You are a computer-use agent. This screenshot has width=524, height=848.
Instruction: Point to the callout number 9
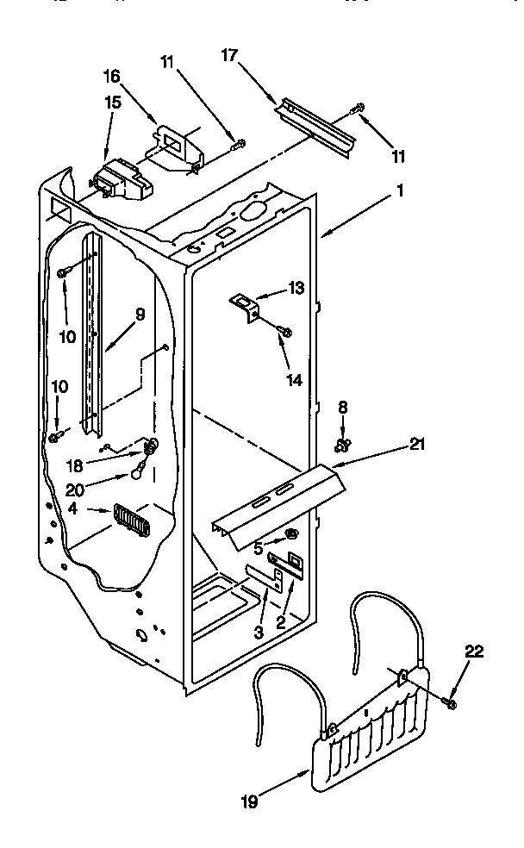tap(140, 315)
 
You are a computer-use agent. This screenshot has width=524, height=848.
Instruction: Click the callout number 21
tap(417, 445)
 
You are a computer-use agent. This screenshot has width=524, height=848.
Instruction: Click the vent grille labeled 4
tap(130, 520)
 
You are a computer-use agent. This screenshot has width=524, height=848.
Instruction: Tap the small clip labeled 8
tap(343, 445)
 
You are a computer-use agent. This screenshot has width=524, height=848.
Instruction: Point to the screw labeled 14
tap(287, 330)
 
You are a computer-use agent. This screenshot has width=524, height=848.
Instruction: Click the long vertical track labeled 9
tap(93, 336)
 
